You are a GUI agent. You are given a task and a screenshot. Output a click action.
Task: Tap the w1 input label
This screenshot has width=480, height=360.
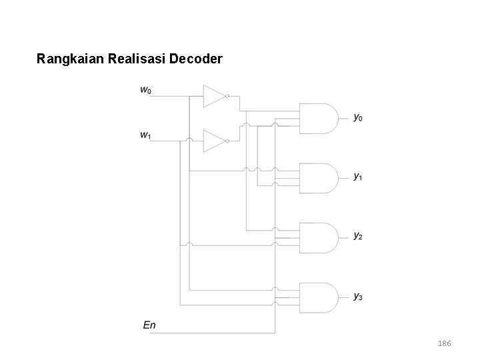click(x=145, y=135)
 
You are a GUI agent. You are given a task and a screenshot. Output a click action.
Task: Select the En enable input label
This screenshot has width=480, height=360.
click(x=150, y=325)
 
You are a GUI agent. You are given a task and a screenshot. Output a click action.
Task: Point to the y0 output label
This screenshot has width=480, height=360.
click(x=358, y=118)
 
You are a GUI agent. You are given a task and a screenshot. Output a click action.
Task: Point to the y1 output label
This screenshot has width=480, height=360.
click(x=358, y=177)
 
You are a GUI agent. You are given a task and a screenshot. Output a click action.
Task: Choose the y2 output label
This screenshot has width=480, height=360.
click(x=358, y=236)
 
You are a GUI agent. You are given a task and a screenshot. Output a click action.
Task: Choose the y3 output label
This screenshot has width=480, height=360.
click(x=358, y=295)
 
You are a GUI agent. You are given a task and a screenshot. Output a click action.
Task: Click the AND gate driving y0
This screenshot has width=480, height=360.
click(x=319, y=118)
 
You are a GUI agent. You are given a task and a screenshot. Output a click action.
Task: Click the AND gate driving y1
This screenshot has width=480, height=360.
click(x=319, y=177)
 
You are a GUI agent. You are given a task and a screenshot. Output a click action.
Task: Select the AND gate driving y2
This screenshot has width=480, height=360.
click(x=319, y=236)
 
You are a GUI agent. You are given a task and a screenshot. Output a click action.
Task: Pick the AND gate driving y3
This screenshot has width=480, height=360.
click(x=319, y=295)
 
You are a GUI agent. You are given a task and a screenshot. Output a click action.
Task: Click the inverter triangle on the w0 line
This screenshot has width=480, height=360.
click(x=213, y=96)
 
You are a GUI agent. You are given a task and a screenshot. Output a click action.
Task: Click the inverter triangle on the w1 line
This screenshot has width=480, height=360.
click(x=213, y=141)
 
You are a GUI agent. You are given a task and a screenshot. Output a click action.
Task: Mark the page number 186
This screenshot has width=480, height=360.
click(x=444, y=343)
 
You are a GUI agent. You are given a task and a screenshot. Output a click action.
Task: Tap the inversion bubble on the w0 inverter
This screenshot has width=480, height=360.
click(x=227, y=96)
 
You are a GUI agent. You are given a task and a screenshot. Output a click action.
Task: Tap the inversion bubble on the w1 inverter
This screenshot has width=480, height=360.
click(x=227, y=141)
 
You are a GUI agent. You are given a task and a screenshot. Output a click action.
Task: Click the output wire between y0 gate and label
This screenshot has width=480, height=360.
click(x=343, y=118)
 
